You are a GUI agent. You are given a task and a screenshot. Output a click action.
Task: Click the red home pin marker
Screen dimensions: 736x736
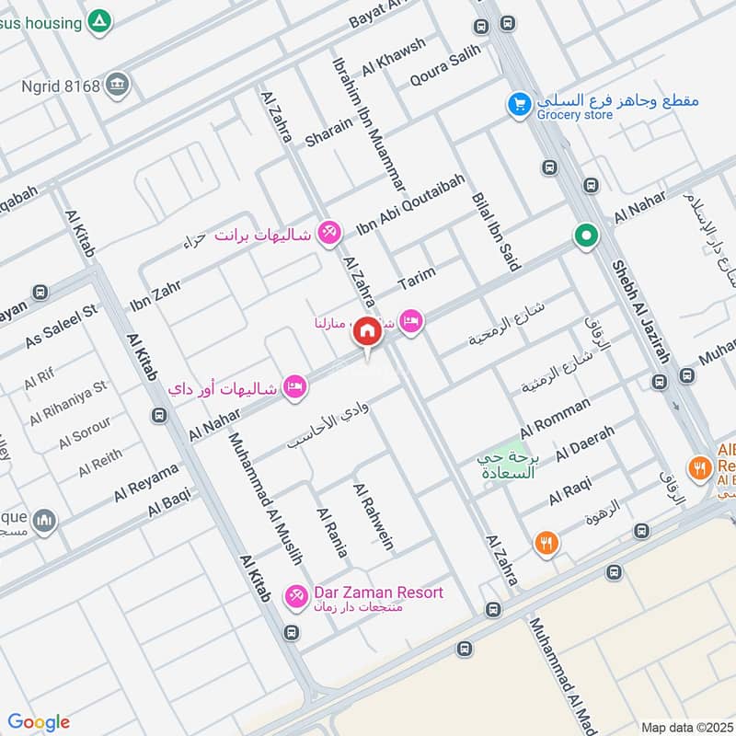(x=367, y=332)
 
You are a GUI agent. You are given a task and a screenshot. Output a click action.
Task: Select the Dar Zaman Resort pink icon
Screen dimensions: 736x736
(x=295, y=598)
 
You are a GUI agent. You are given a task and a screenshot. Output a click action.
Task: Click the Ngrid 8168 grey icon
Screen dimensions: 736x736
(x=117, y=85)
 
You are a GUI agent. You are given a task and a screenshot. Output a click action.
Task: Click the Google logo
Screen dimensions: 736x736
(x=39, y=722)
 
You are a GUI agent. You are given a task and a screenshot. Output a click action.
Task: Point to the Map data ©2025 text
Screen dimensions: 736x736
(x=685, y=727)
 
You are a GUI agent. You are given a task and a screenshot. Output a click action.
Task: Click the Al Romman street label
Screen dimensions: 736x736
(x=555, y=418)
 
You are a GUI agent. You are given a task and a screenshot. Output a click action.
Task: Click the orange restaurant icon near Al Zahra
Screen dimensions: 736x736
(x=546, y=544)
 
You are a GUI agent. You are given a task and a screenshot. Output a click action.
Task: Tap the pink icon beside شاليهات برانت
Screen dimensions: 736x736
(x=327, y=234)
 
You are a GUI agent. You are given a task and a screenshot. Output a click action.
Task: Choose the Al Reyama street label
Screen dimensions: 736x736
(x=146, y=483)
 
